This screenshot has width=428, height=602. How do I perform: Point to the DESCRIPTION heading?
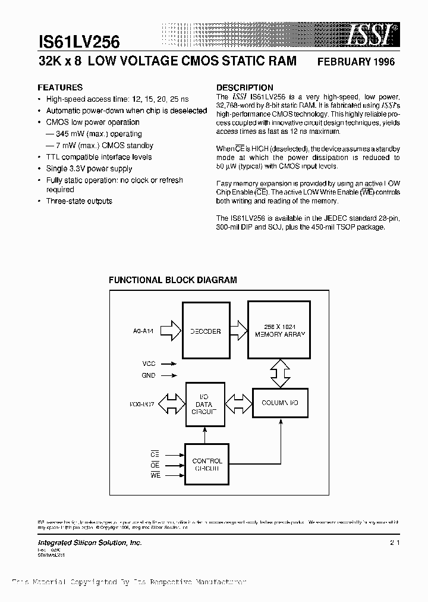tap(244, 87)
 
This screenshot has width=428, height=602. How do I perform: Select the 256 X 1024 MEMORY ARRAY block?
tap(279, 331)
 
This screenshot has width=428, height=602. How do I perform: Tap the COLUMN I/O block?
tap(279, 403)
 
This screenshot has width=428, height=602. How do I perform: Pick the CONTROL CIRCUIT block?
tap(207, 464)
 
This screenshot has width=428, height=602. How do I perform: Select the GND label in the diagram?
tap(149, 375)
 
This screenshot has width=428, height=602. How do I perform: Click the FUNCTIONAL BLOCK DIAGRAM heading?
tap(172, 280)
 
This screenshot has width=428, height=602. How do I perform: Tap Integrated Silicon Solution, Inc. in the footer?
tap(89, 543)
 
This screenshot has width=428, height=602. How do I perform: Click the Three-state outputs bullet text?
tap(79, 201)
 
